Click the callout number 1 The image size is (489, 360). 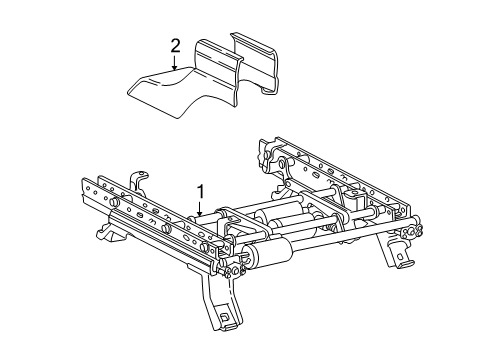[x=200, y=192]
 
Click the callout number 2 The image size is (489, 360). [x=175, y=46]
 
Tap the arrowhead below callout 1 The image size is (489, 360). [x=200, y=213]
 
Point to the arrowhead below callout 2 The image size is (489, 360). [x=174, y=68]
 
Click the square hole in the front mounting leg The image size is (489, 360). [x=225, y=316]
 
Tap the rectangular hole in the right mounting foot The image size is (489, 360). [x=400, y=257]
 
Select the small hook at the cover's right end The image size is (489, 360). [x=268, y=91]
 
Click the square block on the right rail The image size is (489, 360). [x=355, y=197]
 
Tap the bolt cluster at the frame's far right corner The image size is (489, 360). [x=412, y=231]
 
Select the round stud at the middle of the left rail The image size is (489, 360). [x=166, y=228]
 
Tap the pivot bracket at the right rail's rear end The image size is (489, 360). [x=273, y=157]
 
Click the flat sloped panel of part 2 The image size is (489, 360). [x=161, y=92]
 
